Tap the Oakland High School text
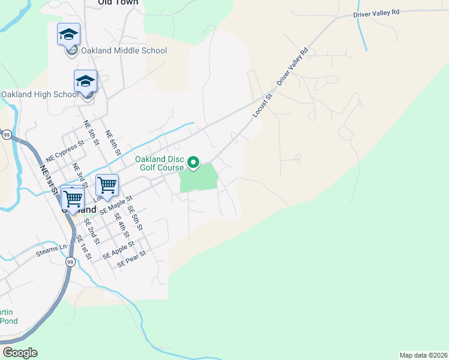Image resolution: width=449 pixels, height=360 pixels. tap(40, 94)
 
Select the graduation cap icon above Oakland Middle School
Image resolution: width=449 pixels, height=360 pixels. tap(68, 34)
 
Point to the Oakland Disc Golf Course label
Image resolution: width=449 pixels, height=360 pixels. tap(158, 163)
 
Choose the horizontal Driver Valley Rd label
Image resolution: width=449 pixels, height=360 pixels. tap(376, 13)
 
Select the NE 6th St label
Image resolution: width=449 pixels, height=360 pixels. tap(113, 142)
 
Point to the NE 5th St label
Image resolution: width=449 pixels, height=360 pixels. tap(91, 133)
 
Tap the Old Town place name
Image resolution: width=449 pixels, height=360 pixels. tap(118, 3)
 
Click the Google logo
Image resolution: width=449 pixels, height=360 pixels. tap(20, 353)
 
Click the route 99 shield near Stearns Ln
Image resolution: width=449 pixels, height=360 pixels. tap(70, 262)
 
